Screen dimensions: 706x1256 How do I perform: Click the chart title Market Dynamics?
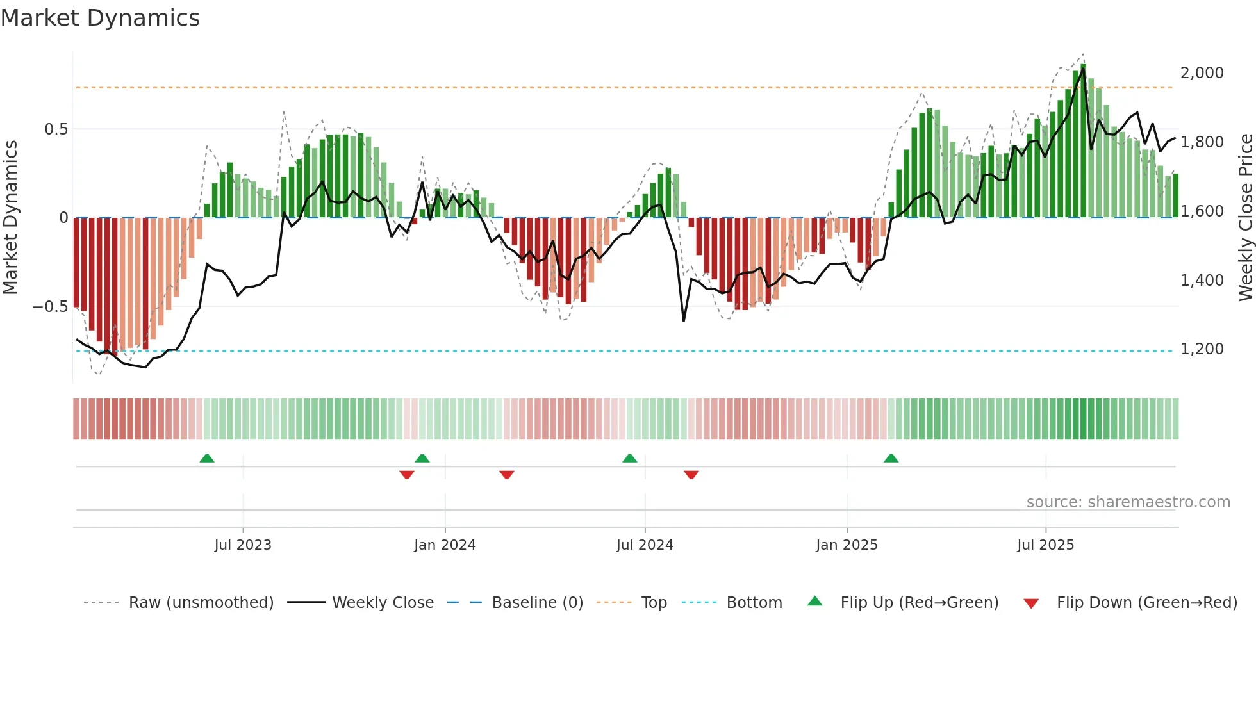101,18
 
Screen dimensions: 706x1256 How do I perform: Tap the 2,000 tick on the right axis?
1202,73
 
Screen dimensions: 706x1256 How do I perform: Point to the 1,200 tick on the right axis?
1202,349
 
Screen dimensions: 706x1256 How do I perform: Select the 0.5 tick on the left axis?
56,129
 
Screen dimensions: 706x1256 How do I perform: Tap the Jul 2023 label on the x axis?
243,545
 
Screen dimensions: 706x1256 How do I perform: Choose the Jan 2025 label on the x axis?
847,545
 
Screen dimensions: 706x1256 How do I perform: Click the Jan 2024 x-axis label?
445,545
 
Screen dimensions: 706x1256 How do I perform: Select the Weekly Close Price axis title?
1245,218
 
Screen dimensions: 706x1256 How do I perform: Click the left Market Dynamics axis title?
10,218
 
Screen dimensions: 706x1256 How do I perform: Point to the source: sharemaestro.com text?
1128,502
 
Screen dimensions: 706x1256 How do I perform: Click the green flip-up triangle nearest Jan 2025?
891,459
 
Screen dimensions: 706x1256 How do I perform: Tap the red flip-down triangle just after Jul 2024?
691,475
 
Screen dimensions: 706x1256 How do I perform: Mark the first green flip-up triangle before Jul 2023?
206,459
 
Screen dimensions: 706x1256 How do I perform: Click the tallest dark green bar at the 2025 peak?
1083,141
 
